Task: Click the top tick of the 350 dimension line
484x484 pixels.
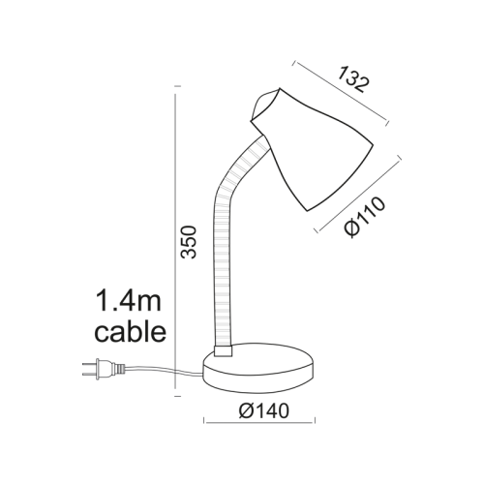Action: click(174, 89)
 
